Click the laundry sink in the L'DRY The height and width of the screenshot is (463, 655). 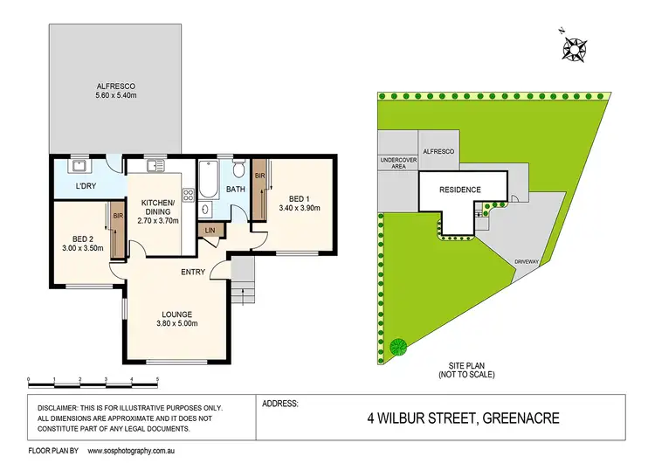click(79, 164)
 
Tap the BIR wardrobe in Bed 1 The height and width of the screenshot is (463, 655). click(259, 188)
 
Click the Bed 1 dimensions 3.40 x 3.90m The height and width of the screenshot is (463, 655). click(300, 208)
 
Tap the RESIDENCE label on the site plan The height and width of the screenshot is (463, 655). click(460, 190)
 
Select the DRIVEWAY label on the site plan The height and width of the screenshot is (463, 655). click(527, 261)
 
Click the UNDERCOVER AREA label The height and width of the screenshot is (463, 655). click(396, 163)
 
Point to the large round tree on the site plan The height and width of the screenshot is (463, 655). click(398, 348)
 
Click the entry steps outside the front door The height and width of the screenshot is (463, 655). click(244, 284)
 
